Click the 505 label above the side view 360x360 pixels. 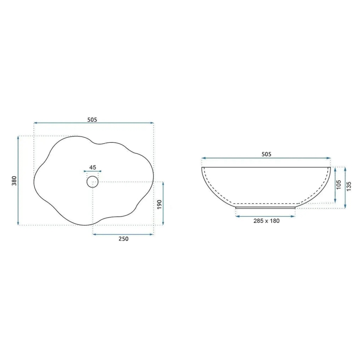(266, 154)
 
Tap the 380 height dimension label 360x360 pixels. (14, 181)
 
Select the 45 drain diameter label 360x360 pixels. (92, 168)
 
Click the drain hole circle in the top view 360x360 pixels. (92, 181)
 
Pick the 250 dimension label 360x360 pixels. (123, 239)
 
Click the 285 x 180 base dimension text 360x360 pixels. (266, 221)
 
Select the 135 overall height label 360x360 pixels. (348, 188)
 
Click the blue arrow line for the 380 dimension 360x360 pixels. (19, 180)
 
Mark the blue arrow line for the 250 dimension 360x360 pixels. (123, 234)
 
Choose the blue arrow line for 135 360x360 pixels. (345, 188)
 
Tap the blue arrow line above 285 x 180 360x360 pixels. (265, 216)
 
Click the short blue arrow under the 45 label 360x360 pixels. (92, 171)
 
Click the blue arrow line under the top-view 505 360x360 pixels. (94, 123)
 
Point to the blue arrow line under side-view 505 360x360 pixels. (266, 158)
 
